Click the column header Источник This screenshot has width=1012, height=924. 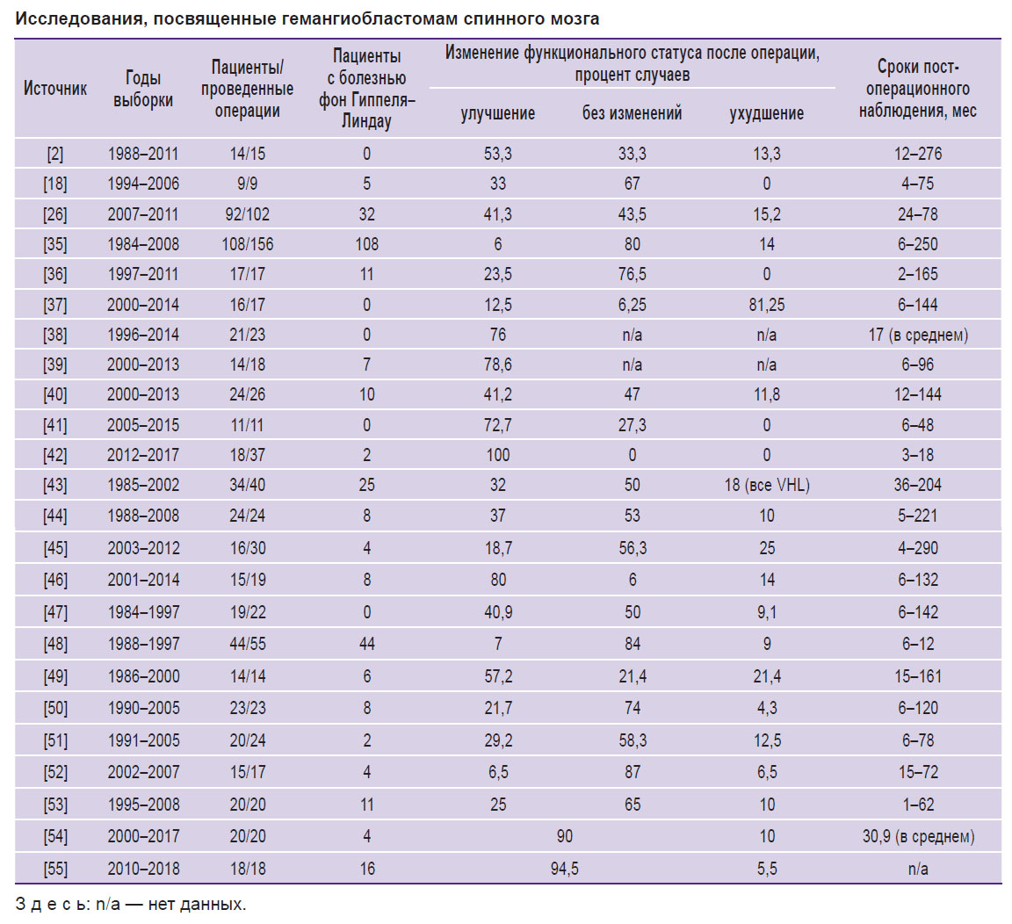[x=54, y=89]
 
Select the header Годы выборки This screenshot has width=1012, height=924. [x=142, y=89]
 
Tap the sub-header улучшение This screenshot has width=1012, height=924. [x=497, y=113]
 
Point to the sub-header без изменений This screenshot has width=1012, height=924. [x=632, y=113]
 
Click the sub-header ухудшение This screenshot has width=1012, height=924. [x=767, y=113]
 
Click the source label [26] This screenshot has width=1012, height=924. [x=54, y=214]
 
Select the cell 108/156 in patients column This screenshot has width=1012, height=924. [x=247, y=244]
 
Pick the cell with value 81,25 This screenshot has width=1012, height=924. [x=767, y=305]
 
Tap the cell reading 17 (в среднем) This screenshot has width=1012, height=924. [x=918, y=335]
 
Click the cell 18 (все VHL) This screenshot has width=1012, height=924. [x=767, y=485]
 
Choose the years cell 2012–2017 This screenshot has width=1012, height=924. [x=142, y=456]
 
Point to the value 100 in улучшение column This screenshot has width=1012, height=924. [x=497, y=456]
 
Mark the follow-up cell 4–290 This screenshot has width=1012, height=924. [x=918, y=548]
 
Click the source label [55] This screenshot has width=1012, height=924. [x=54, y=869]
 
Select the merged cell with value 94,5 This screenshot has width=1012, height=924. [x=565, y=869]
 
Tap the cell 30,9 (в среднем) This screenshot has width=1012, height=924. [x=918, y=837]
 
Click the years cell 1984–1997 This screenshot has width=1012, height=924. [x=142, y=612]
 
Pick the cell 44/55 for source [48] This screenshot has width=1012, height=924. [x=247, y=644]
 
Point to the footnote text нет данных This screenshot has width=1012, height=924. [x=197, y=904]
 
